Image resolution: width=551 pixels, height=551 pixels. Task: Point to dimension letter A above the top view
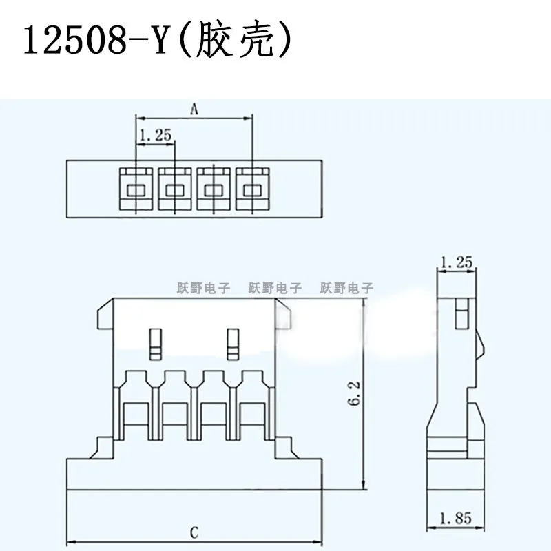(x=194, y=108)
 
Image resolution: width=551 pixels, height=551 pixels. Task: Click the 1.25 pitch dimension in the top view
(x=155, y=136)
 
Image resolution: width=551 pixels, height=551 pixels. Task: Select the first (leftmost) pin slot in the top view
(x=136, y=188)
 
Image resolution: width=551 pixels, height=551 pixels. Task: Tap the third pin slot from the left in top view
(x=214, y=188)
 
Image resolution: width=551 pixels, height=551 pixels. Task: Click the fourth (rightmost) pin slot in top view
(x=253, y=188)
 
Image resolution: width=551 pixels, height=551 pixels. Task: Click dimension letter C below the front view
(x=195, y=532)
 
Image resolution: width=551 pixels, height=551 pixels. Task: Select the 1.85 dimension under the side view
(x=455, y=517)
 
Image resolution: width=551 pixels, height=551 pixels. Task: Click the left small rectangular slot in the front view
(x=156, y=344)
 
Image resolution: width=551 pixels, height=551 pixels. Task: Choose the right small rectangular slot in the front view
(x=233, y=344)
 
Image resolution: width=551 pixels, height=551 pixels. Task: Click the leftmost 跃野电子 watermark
(x=200, y=289)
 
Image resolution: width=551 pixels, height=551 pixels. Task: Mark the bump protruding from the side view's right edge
(x=484, y=344)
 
